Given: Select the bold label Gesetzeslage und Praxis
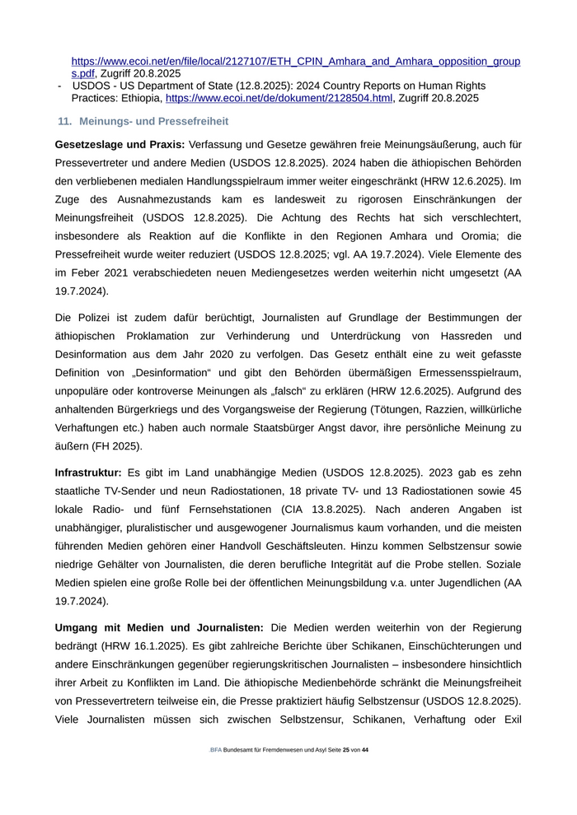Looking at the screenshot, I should click(120, 145).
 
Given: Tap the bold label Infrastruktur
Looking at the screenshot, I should click(88, 473).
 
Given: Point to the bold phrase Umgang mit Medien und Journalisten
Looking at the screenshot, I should click(159, 628).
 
